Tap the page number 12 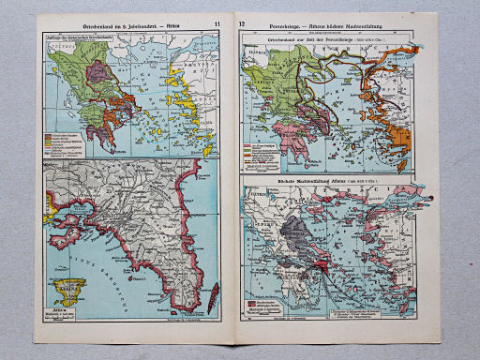(243, 22)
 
